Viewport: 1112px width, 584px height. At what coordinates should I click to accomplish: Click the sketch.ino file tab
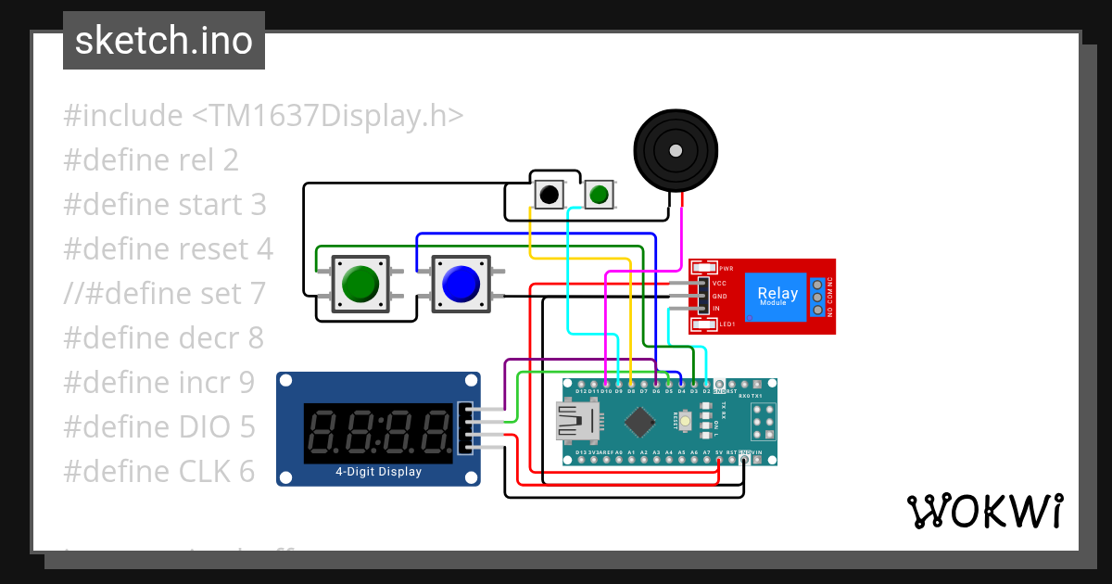coord(163,41)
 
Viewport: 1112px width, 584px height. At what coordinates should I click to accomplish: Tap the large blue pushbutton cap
coord(460,284)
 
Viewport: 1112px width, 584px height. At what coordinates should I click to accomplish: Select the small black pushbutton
coord(550,195)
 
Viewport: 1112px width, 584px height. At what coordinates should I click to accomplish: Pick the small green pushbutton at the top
coord(600,195)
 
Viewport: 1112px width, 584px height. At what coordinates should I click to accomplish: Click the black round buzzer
coord(675,148)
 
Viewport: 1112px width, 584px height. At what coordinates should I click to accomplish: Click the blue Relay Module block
coord(777,296)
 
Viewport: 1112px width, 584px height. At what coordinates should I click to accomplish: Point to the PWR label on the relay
coord(727,268)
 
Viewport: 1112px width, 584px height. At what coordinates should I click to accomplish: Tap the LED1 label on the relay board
coord(727,324)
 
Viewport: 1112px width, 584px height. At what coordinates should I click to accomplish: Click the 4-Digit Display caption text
coord(378,472)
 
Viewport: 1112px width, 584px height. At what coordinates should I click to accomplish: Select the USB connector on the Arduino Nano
coord(575,422)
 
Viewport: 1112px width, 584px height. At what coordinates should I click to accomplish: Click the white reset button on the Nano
coord(686,422)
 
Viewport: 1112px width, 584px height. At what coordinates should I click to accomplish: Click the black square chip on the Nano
coord(639,422)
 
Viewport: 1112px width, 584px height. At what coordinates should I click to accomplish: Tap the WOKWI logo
coord(984,512)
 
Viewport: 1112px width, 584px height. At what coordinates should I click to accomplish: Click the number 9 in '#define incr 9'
coord(246,382)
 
